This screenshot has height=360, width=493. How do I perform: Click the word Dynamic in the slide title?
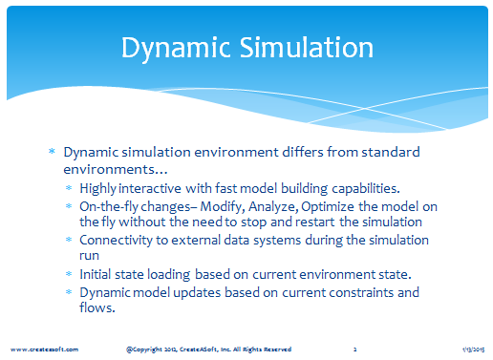[176, 49]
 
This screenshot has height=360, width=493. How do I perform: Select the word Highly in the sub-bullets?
[97, 189]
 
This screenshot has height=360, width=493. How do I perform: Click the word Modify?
[223, 207]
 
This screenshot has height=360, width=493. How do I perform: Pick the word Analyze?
[273, 207]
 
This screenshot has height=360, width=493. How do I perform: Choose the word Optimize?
[328, 207]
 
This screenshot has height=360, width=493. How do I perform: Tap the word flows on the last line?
[97, 307]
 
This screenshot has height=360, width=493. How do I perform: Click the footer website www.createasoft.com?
[44, 349]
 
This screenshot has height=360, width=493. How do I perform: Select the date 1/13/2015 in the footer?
[474, 349]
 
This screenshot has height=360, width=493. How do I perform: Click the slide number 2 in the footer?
[354, 349]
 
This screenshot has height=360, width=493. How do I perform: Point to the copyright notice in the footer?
[208, 349]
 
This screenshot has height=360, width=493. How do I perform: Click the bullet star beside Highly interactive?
[69, 188]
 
